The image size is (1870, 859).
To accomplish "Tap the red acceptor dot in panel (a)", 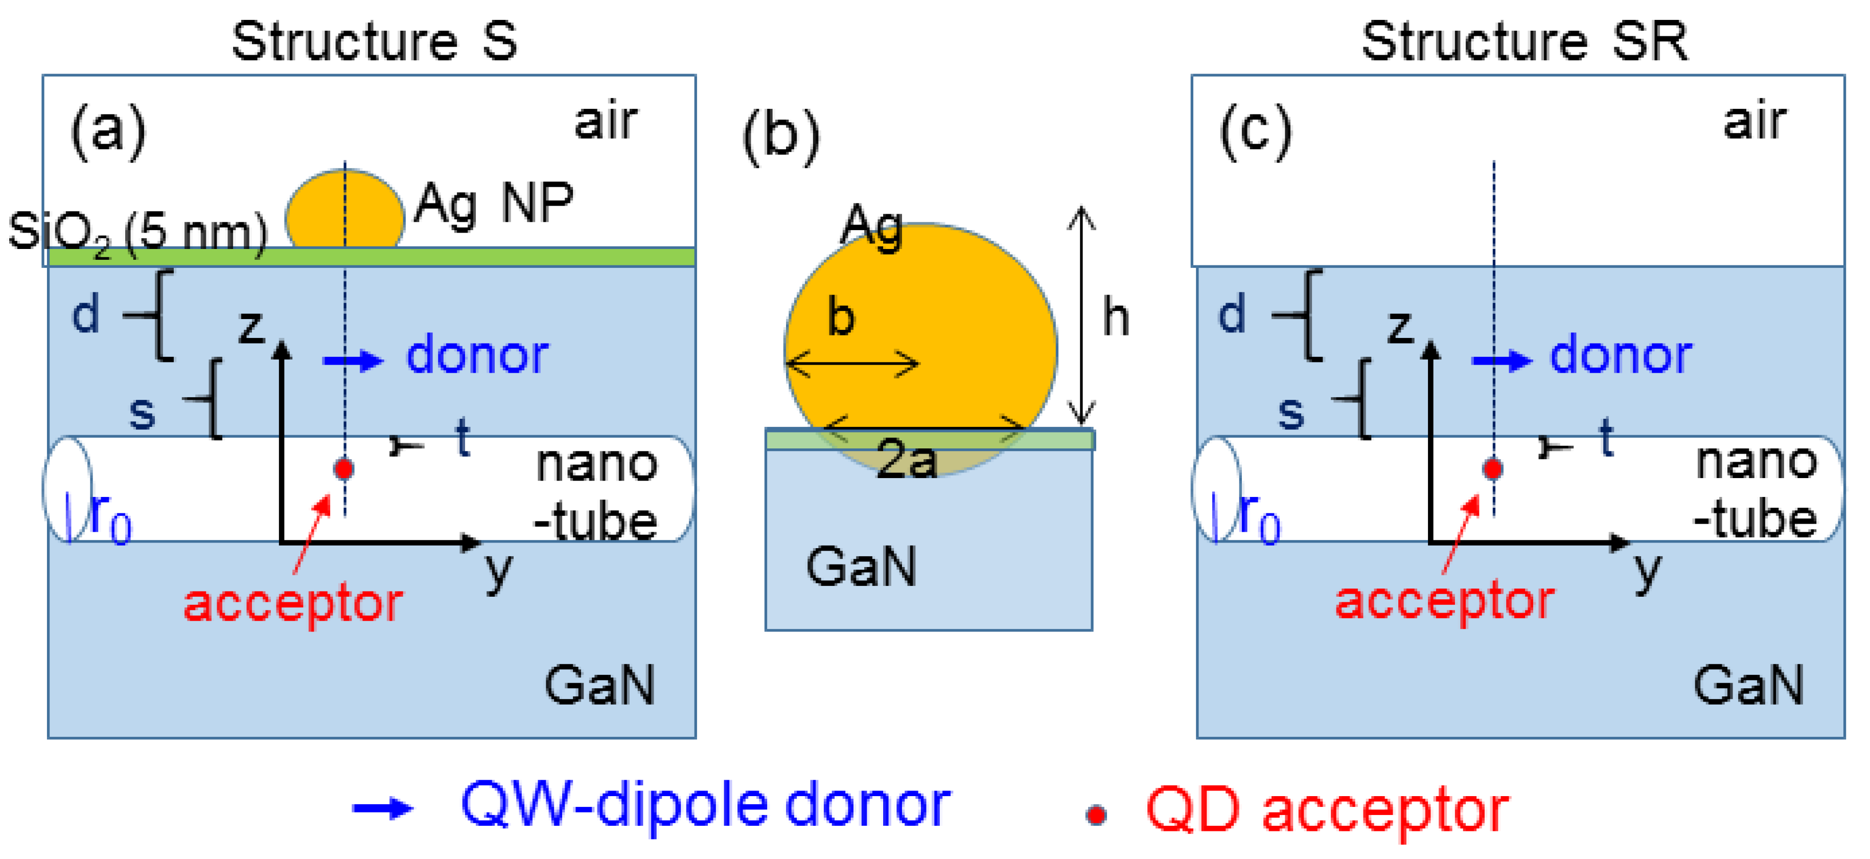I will tap(344, 468).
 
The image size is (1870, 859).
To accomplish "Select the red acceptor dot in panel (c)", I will tap(1492, 468).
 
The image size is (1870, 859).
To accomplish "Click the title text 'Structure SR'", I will tap(1525, 41).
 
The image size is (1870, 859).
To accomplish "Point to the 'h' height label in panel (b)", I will tap(1116, 318).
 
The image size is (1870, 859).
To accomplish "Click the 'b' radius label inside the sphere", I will tap(841, 318).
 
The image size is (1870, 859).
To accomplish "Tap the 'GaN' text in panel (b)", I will tap(862, 567).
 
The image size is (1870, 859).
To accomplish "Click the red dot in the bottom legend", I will tap(1096, 815).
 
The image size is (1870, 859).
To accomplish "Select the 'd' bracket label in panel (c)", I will tap(1232, 314).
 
